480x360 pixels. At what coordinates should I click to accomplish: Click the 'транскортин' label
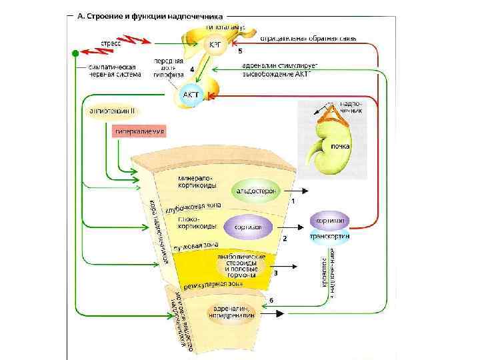(x=330, y=236)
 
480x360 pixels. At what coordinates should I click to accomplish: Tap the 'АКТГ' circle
(x=190, y=95)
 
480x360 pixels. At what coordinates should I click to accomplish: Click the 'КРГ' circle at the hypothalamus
(x=216, y=44)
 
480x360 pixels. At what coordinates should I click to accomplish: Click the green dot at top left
(x=76, y=52)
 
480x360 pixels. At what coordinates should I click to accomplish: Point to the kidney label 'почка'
(x=341, y=145)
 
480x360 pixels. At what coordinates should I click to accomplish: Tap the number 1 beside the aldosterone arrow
(x=292, y=200)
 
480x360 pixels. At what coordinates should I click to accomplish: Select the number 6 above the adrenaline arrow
(x=271, y=300)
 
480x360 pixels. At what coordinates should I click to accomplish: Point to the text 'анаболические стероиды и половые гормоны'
(x=241, y=265)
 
